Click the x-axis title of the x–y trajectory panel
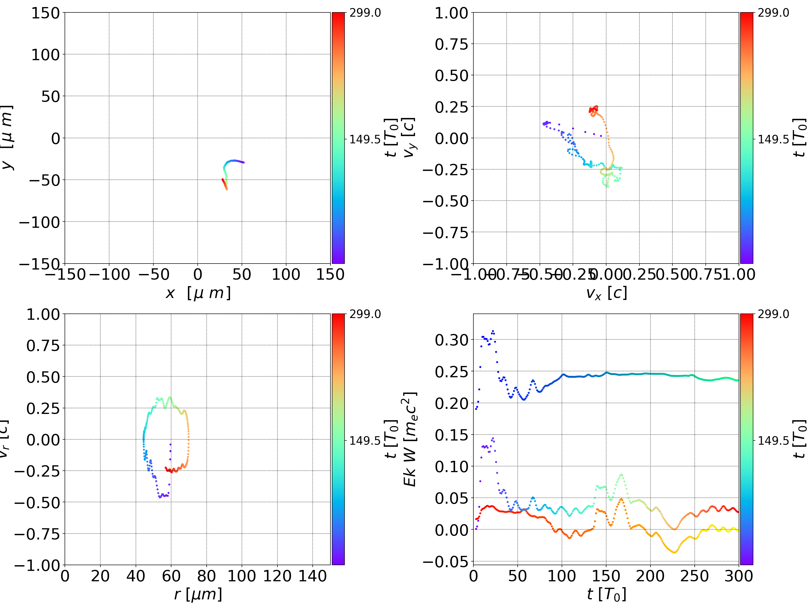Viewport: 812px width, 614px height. (x=198, y=293)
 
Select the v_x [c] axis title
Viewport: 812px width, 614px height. (x=606, y=293)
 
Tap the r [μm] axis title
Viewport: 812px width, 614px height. (x=198, y=594)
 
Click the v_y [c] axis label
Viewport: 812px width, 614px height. (x=409, y=138)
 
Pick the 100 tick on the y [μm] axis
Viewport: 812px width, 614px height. (x=45, y=55)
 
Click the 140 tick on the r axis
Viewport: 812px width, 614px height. (x=312, y=576)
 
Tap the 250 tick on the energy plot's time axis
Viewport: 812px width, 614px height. (x=694, y=576)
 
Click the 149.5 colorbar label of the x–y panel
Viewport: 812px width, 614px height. (x=365, y=139)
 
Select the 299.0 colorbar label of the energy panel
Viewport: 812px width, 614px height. (x=773, y=314)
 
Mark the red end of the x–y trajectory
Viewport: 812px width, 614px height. (x=223, y=180)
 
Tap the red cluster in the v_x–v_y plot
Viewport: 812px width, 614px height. (x=593, y=109)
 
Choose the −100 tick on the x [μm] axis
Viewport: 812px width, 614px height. (x=109, y=275)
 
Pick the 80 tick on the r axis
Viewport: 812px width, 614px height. (x=206, y=576)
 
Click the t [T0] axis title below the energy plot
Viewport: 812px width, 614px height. (x=606, y=594)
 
